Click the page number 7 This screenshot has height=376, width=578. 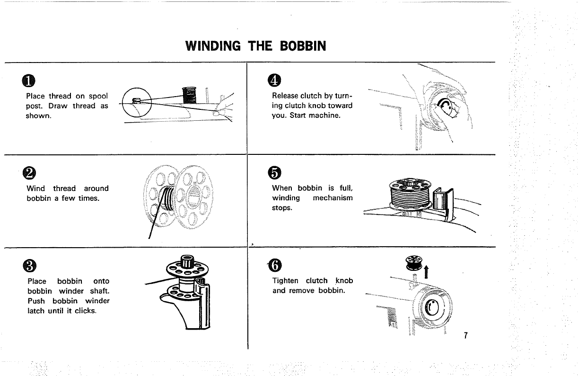466,336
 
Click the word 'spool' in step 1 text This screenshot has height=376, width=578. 98,96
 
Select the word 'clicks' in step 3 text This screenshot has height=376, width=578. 86,311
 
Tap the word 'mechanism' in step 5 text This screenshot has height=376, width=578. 333,197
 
